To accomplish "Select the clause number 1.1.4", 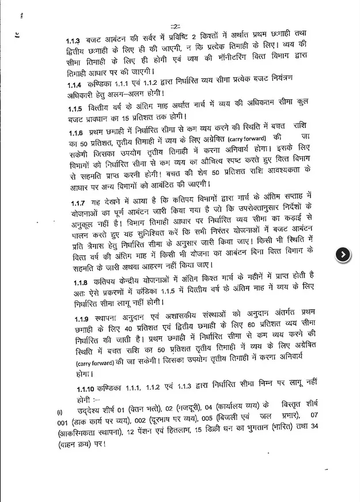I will pos(74,84).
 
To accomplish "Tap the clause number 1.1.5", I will pos(74,109).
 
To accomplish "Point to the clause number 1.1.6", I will pos(74,134).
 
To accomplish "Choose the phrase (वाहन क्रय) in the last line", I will pos(79,444).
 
